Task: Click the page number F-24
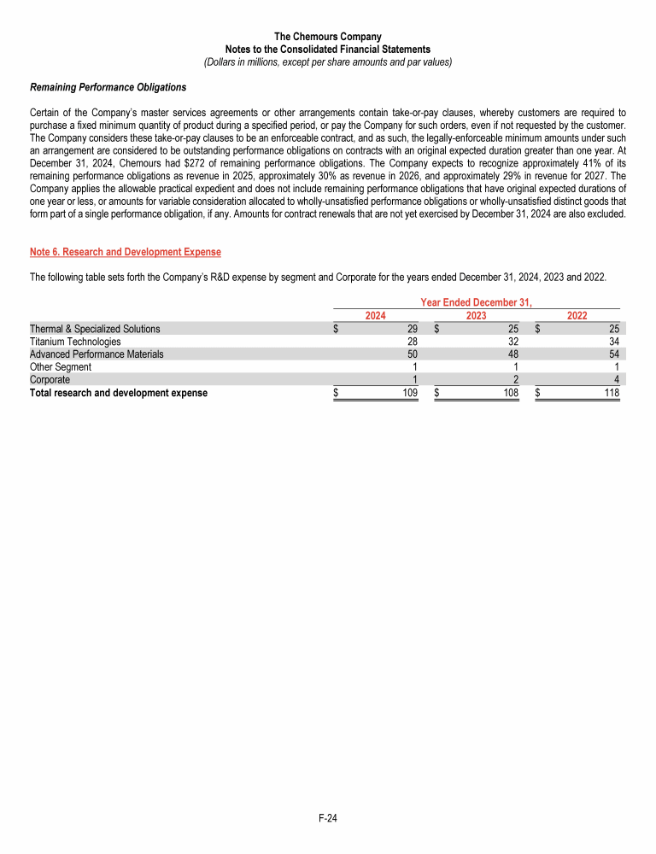(328, 818)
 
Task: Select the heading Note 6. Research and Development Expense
(125, 252)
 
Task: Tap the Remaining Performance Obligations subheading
(108, 87)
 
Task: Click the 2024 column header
(376, 315)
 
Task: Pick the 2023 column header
(477, 315)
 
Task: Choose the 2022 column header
(577, 315)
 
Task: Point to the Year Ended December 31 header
(476, 302)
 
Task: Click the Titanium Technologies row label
(75, 342)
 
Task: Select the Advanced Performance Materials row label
(97, 354)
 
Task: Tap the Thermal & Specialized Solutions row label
(95, 329)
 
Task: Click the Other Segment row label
(61, 366)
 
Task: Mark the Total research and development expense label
(119, 393)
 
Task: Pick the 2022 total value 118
(611, 393)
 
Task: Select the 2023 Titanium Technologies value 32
(513, 342)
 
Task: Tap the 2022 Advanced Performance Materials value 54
(613, 354)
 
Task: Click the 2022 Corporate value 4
(616, 379)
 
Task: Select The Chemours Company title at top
(328, 37)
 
